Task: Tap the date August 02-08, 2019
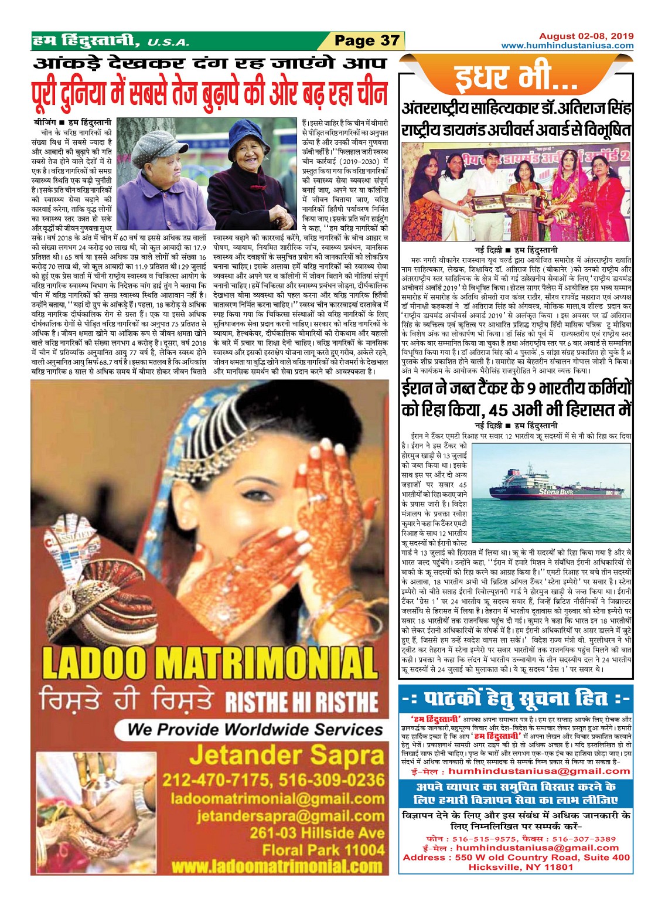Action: (x=586, y=36)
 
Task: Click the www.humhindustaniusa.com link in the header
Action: (x=567, y=45)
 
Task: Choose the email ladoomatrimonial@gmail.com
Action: (x=278, y=798)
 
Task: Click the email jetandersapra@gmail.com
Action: (x=291, y=815)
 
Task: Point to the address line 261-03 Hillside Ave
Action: (x=317, y=832)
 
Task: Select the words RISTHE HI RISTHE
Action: (x=302, y=701)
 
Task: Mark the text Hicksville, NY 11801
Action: (x=516, y=867)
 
